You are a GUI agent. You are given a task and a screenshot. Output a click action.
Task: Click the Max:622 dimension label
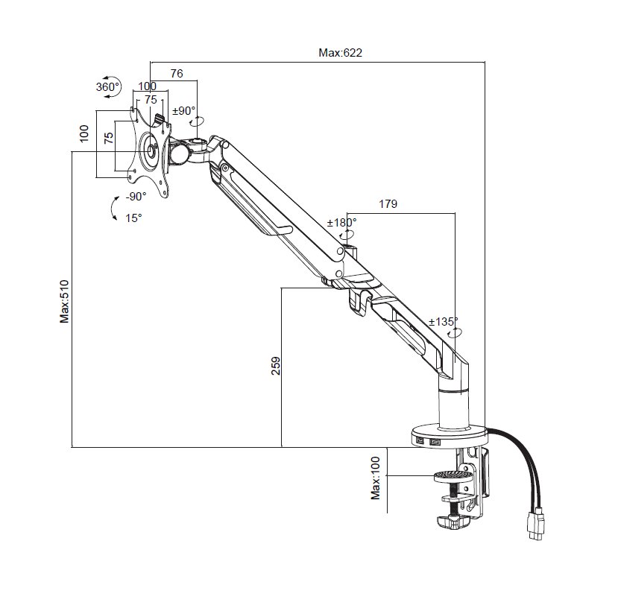[x=340, y=53]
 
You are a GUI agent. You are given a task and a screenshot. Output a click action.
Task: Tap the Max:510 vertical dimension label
[x=64, y=302]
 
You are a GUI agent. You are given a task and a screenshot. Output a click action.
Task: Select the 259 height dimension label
[x=276, y=366]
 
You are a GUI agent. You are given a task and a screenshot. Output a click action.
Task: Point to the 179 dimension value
[x=388, y=204]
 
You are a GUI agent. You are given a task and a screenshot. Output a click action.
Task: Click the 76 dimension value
[x=177, y=73]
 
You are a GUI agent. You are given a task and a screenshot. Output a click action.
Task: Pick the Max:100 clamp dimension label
[x=376, y=478]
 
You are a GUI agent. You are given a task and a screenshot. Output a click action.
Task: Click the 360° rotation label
[x=107, y=86]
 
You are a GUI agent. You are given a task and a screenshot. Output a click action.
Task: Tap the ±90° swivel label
[x=184, y=110]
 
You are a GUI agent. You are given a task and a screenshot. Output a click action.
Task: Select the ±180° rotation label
[x=341, y=223]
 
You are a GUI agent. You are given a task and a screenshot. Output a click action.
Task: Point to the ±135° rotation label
[x=443, y=321]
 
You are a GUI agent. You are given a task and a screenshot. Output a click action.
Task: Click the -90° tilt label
[x=136, y=197]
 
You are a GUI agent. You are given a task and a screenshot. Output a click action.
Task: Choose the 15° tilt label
[x=133, y=218]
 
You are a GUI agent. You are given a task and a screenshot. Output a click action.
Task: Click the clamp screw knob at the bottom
[x=453, y=522]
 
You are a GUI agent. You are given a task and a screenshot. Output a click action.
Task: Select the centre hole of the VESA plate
[x=151, y=151]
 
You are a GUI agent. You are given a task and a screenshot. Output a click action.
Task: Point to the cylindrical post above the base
[x=454, y=408]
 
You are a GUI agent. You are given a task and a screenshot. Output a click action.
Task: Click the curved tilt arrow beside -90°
[x=113, y=208]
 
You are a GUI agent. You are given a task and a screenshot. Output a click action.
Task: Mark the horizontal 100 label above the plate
[x=147, y=86]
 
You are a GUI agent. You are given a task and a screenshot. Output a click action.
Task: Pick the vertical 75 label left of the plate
[x=108, y=138]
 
